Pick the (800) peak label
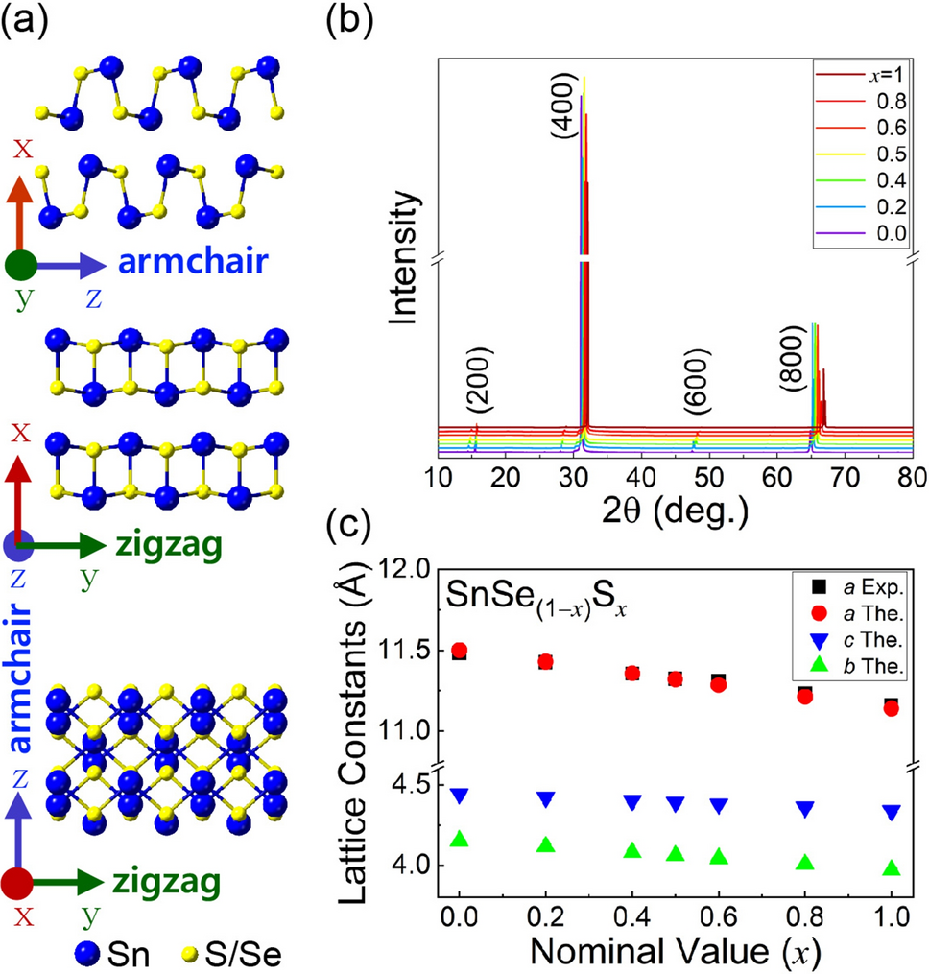[x=791, y=383]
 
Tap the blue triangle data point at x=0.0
[x=459, y=796]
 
